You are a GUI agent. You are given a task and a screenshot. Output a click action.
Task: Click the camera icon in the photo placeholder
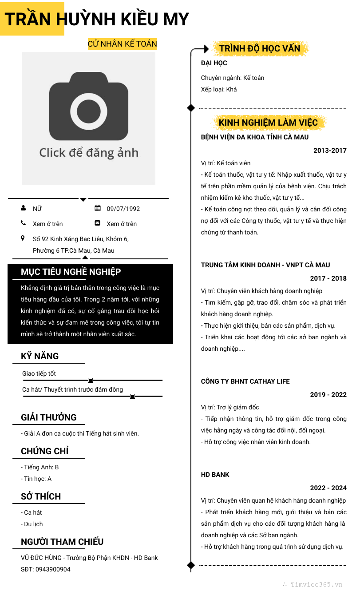pos(89,107)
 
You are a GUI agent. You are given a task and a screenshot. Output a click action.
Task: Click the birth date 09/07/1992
pos(123,209)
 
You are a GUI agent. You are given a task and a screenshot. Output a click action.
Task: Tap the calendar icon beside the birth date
pos(98,208)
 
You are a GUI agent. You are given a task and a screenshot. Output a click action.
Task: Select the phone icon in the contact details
pos(23,223)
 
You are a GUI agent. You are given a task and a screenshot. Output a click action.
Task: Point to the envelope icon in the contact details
pos(98,223)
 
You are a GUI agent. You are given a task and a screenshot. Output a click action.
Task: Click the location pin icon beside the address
pos(23,238)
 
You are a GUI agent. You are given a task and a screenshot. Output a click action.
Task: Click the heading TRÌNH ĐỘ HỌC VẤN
pos(260,48)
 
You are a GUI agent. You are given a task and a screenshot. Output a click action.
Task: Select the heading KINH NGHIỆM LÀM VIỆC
pos(268,123)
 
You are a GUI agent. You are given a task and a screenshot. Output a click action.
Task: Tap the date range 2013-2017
pos(330,151)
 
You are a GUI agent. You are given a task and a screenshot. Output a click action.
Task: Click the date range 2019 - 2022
pos(328,395)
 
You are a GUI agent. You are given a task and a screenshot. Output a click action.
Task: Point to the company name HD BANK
pos(215,475)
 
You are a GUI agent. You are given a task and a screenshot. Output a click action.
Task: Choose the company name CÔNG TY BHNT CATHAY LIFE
pos(245,381)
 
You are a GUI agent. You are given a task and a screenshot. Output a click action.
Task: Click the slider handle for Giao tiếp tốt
pos(91,380)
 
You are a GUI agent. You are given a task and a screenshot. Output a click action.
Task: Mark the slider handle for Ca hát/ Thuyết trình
pos(132,396)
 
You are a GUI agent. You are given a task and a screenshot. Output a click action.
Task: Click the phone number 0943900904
pos(53,569)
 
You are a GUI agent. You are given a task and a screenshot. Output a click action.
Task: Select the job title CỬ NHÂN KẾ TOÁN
pos(122,44)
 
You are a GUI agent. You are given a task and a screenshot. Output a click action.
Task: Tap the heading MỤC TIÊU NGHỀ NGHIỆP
pos(71,272)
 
